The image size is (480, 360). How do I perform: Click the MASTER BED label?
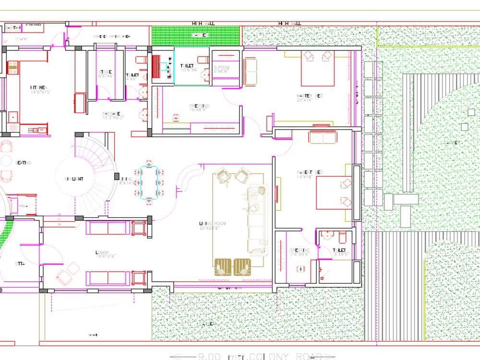(310, 96)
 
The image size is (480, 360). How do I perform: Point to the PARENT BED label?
(310, 172)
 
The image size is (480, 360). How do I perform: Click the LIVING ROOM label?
(212, 224)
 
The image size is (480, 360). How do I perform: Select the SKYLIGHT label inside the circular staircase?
(74, 179)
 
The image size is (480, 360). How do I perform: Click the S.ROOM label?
(222, 68)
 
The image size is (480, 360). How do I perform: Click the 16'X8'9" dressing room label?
(200, 107)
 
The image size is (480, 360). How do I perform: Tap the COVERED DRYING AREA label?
(111, 36)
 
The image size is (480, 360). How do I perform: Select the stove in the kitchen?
(12, 69)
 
